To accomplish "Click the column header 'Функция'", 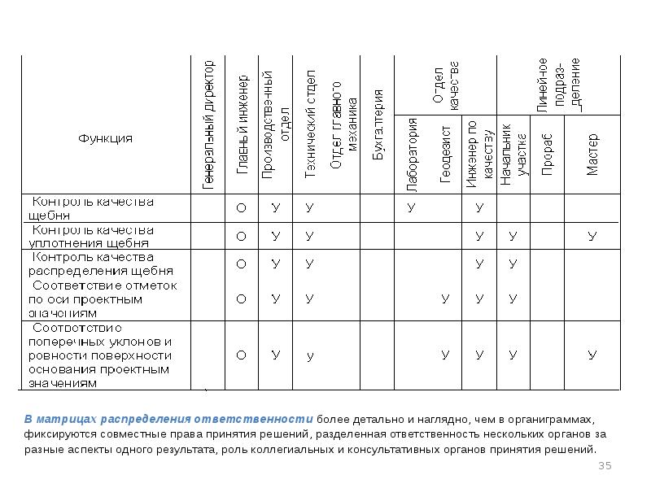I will pyautogui.click(x=105, y=138).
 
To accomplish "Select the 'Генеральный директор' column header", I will pyautogui.click(x=208, y=124).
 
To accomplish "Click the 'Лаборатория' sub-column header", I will pyautogui.click(x=412, y=154).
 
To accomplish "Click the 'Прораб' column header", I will pyautogui.click(x=547, y=155).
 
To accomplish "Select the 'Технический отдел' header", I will pyautogui.click(x=310, y=126).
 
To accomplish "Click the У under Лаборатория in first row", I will pyautogui.click(x=411, y=208).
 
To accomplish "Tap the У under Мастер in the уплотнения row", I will pyautogui.click(x=592, y=236).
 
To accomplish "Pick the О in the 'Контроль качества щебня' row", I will pyautogui.click(x=242, y=208).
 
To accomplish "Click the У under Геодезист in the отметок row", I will pyautogui.click(x=445, y=298).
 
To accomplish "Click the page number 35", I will pyautogui.click(x=605, y=465).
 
